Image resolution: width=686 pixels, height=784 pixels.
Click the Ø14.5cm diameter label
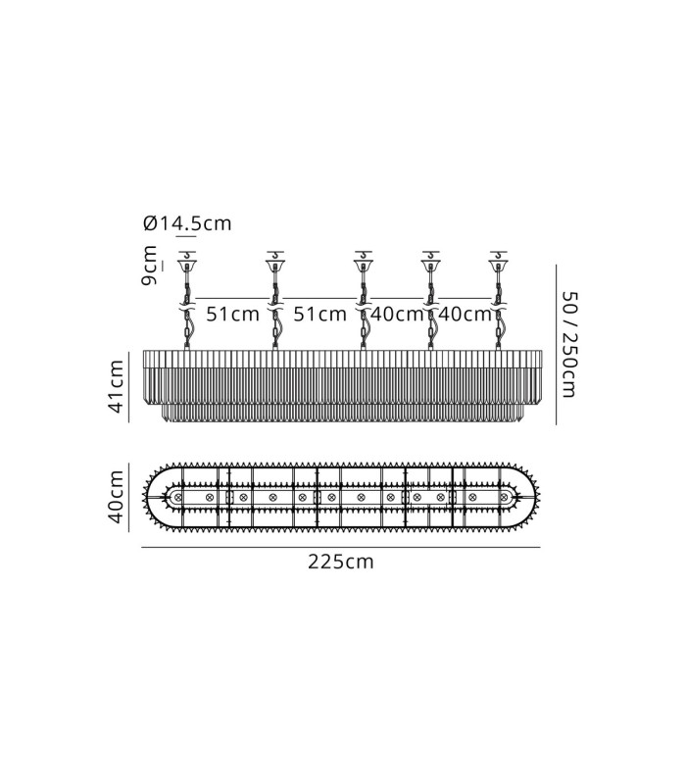187,223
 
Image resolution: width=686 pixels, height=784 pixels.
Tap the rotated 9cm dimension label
149,266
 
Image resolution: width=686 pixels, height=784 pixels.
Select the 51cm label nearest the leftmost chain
232,314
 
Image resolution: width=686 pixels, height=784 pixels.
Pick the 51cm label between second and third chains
319,314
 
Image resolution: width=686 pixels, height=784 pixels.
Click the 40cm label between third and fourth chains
397,314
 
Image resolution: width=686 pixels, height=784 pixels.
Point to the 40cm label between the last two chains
465,314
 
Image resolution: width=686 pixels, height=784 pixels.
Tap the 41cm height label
116,386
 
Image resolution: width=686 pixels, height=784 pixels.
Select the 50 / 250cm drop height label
569,345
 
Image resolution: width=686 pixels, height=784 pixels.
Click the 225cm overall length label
340,562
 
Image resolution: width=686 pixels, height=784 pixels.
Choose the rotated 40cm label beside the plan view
116,497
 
